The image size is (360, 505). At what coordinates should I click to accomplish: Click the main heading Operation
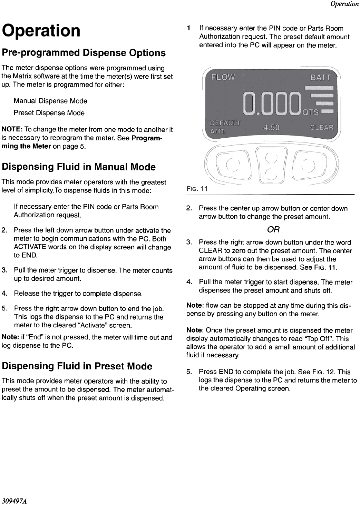(41, 30)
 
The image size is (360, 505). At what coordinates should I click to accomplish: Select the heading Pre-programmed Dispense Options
(84, 53)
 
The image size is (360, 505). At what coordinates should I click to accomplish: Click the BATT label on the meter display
(320, 77)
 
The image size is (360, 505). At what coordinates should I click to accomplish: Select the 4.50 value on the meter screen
(272, 127)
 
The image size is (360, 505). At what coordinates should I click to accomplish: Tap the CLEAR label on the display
(322, 127)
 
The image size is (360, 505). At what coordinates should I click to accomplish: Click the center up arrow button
(272, 158)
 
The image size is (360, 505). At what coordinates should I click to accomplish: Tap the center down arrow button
(272, 175)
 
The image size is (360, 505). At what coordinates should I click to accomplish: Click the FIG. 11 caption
(197, 189)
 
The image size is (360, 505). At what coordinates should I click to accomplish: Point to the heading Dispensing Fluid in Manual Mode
(79, 167)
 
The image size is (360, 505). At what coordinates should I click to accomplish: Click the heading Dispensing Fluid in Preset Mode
(77, 366)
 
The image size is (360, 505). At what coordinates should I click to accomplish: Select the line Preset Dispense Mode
(49, 113)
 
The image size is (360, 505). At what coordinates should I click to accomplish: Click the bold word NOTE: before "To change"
(12, 130)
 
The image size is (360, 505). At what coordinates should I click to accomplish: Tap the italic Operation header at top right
(344, 4)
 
